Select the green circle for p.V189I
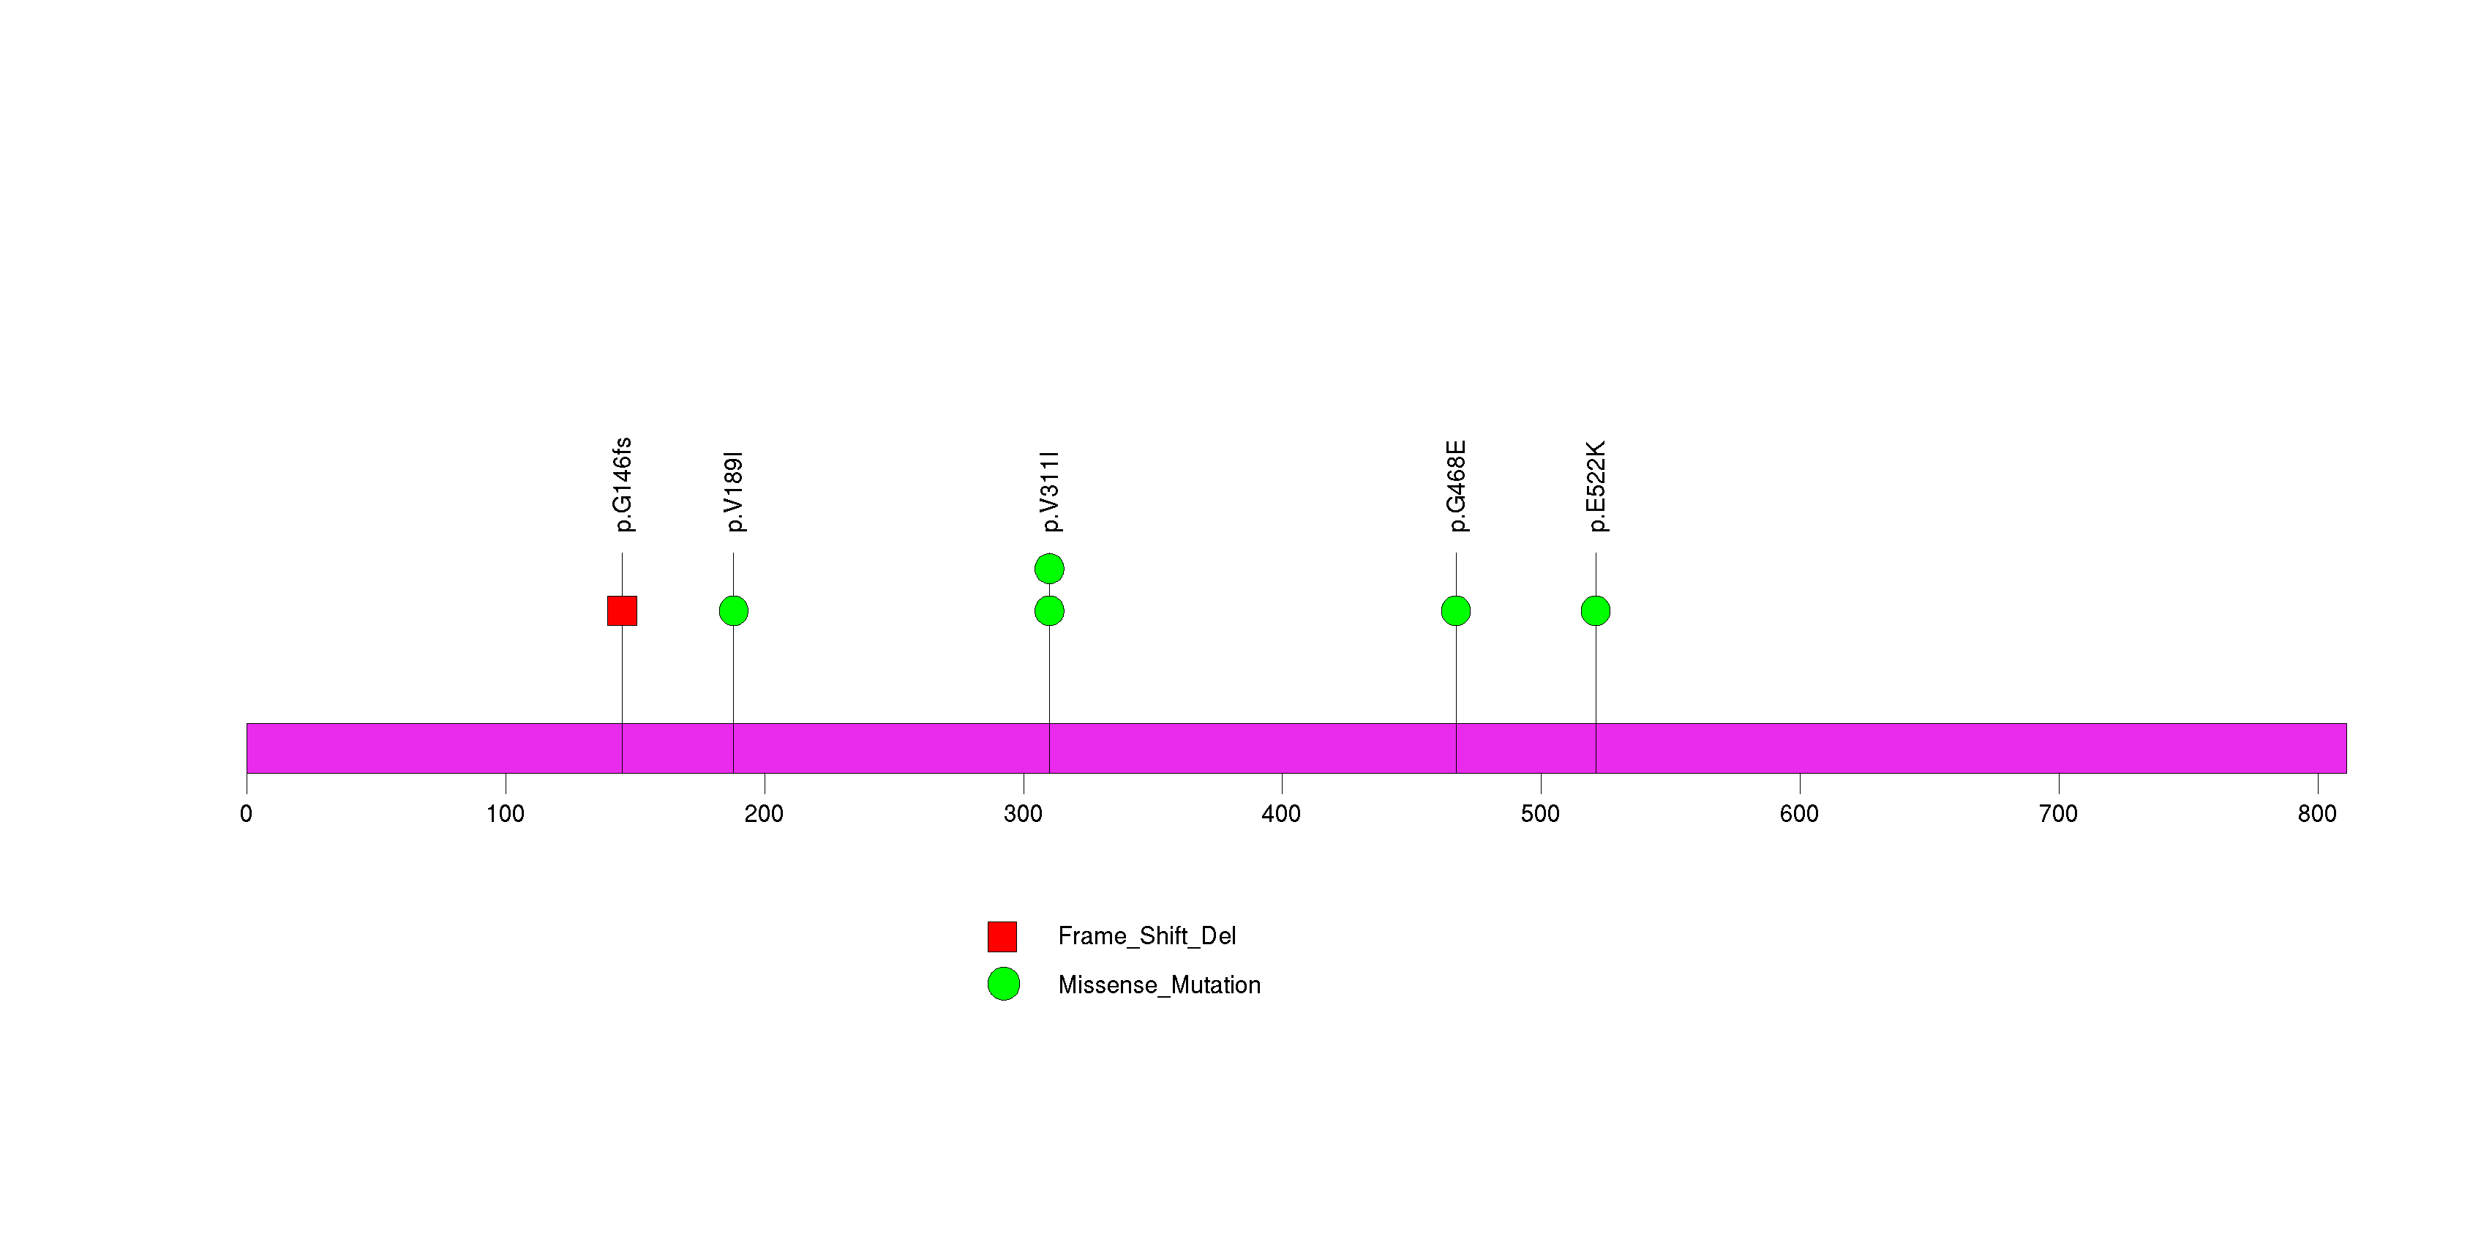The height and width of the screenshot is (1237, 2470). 734,611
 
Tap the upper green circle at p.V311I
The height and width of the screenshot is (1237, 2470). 1049,569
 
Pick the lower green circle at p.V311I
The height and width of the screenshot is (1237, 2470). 1049,611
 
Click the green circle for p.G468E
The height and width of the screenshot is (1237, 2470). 1455,611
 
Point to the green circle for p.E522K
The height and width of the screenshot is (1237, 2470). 1596,611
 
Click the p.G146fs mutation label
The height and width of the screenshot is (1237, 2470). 623,485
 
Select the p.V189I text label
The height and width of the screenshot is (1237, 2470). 735,491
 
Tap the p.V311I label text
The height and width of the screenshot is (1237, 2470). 1050,491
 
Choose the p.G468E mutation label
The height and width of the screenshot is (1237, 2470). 1457,486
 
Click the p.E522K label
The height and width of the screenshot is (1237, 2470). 1596,486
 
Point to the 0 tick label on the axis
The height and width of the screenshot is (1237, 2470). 247,814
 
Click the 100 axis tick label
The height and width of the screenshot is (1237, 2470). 506,814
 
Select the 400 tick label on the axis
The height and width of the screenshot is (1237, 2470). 1281,814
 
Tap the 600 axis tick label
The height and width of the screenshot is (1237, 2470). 1799,814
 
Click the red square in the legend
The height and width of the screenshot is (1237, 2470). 1002,936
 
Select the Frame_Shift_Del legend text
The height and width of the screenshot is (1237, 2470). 1146,936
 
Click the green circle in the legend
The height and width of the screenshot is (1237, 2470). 1003,984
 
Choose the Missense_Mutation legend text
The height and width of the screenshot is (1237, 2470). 1159,984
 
